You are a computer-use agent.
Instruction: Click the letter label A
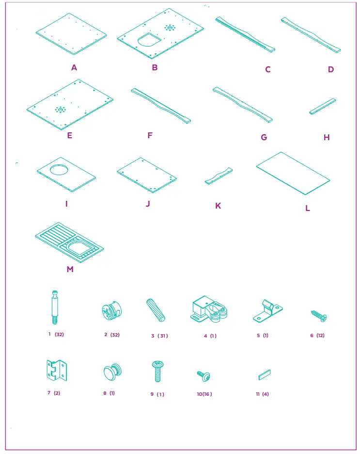74,68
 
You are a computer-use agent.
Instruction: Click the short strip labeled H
323,107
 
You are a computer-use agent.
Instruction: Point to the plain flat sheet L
293,174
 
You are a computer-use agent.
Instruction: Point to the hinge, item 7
56,372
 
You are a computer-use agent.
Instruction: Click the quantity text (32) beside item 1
60,334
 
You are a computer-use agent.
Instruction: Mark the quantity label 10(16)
204,394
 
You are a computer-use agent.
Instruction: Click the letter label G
264,137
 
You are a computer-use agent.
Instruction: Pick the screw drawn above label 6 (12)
318,316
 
